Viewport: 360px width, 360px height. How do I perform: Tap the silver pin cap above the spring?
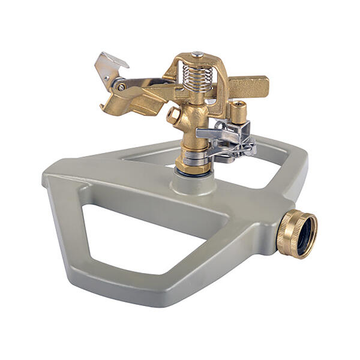[x=197, y=55]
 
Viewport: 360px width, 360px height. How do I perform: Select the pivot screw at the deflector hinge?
[x=122, y=87]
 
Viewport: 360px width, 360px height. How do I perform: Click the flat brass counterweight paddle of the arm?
[x=247, y=86]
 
